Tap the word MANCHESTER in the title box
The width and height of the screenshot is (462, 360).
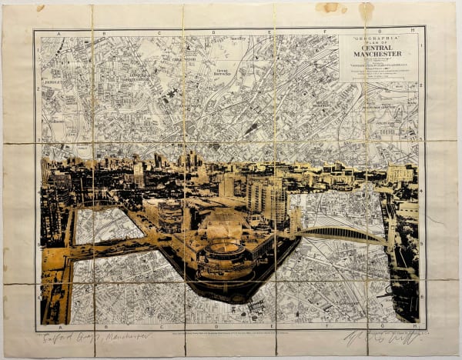(x=377, y=55)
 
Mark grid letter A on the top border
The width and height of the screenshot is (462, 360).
(x=60, y=33)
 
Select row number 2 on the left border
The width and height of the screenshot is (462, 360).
(x=37, y=88)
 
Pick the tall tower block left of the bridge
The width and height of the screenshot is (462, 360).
(x=266, y=196)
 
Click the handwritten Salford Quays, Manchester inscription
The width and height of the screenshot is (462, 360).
(x=96, y=336)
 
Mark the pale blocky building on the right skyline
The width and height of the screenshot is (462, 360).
(x=399, y=174)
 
